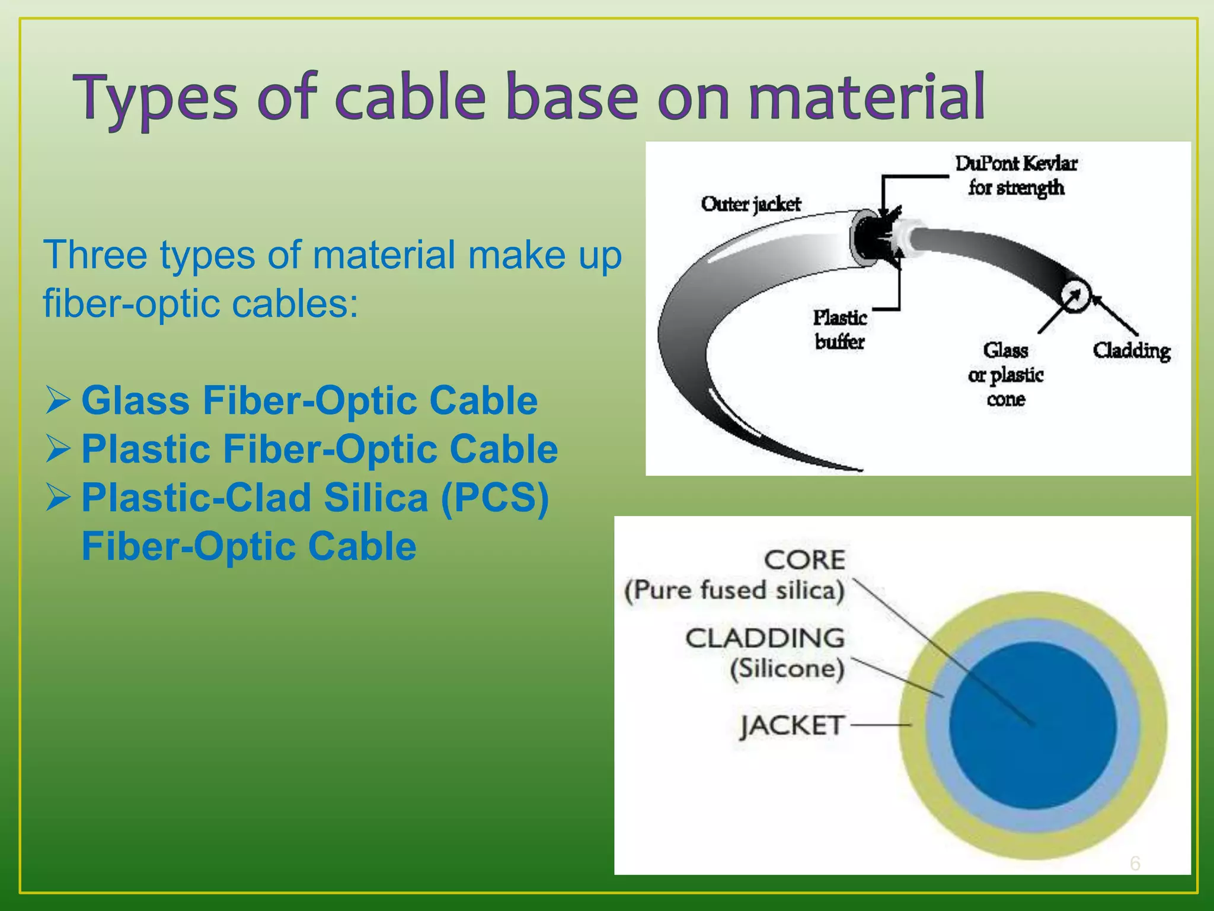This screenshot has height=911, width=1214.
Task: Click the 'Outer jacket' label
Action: point(750,204)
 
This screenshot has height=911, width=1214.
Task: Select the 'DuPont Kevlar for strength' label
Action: point(1016,175)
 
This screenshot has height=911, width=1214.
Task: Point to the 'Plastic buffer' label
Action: point(839,329)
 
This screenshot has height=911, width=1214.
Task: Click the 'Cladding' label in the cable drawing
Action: point(1132,351)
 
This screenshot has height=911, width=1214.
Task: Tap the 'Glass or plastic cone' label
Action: point(1005,374)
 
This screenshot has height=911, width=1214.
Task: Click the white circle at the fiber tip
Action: point(1075,295)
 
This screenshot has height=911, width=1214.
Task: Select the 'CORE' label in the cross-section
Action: point(804,560)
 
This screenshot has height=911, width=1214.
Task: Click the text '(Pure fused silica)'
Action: point(734,591)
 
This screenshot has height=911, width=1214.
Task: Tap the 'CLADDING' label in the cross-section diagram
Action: point(765,638)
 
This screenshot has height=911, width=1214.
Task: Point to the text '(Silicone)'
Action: point(787,669)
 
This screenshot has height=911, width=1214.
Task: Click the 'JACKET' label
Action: point(792,725)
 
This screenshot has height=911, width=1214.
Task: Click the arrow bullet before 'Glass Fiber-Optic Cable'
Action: point(58,400)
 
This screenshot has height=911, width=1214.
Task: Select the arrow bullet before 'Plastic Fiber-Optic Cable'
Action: point(58,449)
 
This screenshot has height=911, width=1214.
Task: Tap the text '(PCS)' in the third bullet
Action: point(494,498)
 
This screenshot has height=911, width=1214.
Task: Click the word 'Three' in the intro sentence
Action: point(95,255)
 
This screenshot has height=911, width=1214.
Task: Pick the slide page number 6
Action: point(1135,863)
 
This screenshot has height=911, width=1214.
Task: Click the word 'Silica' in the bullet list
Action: point(375,498)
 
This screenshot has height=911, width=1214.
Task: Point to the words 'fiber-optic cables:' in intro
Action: point(200,304)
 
